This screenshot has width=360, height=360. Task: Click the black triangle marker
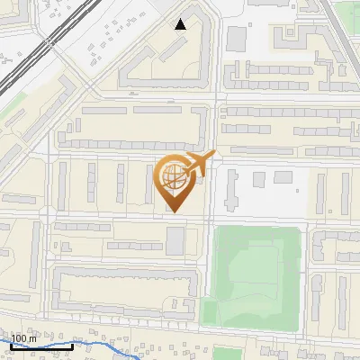pos(181,24)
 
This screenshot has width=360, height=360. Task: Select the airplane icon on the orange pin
pos(199,165)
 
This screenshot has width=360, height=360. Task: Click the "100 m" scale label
pos(25,337)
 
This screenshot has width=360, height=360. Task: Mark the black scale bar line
pos(40,346)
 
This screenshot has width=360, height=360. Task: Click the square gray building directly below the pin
pos(175,238)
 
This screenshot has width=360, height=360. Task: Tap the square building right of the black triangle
pos(237,39)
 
